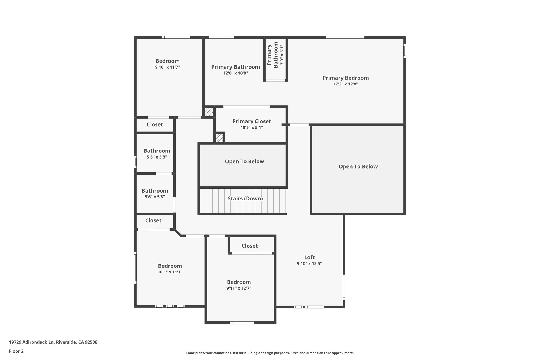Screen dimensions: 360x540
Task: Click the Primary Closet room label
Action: (252, 121)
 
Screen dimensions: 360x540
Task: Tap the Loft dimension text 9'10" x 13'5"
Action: (309, 263)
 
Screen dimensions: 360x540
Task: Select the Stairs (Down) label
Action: (245, 199)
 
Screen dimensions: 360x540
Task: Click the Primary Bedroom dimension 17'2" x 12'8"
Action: (345, 84)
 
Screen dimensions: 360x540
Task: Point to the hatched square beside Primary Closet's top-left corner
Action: (209, 112)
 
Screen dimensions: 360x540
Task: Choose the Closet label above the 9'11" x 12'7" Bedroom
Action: (249, 246)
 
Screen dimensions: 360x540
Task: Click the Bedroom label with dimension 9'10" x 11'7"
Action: (167, 61)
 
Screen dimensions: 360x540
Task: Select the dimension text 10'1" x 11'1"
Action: (170, 272)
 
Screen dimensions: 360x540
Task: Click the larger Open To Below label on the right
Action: (358, 166)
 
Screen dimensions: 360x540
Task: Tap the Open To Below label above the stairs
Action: (244, 161)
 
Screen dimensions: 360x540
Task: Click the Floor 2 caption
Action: (16, 351)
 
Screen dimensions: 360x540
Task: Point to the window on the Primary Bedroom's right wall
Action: (404, 51)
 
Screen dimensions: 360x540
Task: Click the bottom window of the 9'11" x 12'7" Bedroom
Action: (242, 323)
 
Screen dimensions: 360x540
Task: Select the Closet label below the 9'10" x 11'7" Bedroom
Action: (155, 124)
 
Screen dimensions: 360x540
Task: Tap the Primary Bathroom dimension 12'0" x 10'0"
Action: (235, 73)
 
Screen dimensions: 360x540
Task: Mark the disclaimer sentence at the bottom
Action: (270, 353)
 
